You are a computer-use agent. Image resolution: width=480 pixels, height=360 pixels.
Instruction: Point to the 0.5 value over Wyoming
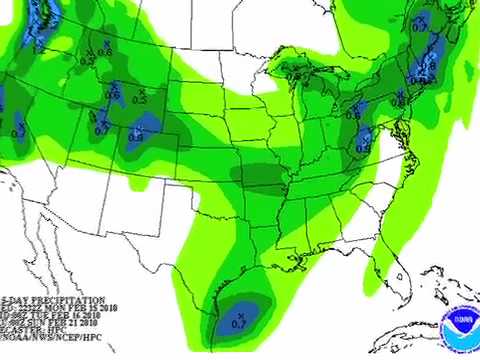pos(139,100)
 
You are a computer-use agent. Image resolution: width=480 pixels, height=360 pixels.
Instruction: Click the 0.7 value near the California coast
pos(17,131)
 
